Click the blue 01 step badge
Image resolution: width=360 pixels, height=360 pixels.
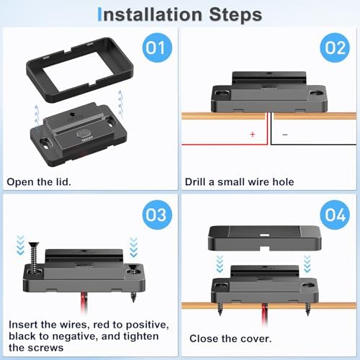tap(157, 48)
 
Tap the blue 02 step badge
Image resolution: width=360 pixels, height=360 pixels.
tap(335, 48)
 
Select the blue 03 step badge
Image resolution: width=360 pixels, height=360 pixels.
tap(157, 215)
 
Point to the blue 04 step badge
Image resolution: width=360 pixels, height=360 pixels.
tap(335, 215)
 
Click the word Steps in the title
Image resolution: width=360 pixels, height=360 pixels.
tap(235, 15)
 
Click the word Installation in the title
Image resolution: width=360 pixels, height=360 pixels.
tap(150, 14)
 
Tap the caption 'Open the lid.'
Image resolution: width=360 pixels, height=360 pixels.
tap(39, 181)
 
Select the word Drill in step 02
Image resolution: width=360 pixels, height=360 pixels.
tap(195, 181)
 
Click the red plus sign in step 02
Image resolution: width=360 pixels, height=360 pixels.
tap(252, 134)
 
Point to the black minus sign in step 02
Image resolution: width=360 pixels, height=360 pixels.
tap(285, 135)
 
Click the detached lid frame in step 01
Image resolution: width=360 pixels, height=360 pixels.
tap(35, 79)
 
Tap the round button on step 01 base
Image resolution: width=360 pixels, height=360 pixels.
tap(84, 134)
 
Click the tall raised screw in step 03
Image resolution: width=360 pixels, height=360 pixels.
tap(33, 258)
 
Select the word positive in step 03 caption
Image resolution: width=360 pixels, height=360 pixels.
tap(148, 325)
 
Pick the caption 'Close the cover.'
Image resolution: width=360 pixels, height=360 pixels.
tap(230, 338)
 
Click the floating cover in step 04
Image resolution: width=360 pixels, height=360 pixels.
tap(264, 238)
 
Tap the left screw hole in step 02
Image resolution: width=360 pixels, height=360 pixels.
tap(222, 93)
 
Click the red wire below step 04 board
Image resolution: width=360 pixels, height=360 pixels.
tap(264, 314)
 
